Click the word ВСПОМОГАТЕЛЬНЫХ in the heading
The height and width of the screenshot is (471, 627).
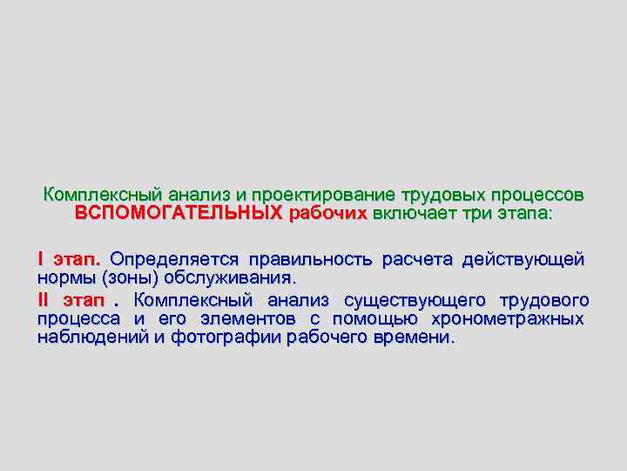[179, 213]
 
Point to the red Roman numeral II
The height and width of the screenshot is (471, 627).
[44, 299]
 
